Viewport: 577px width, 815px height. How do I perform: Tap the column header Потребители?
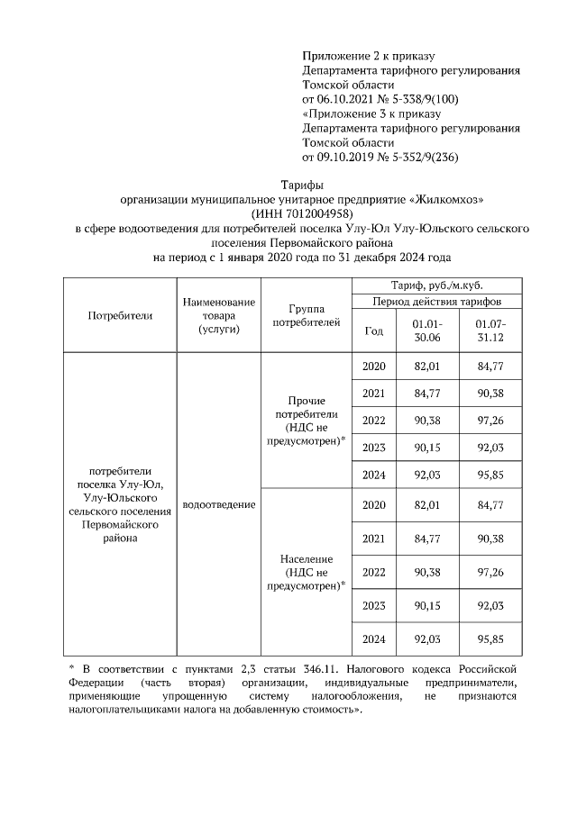(x=120, y=315)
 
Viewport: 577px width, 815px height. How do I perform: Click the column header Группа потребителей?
(x=306, y=314)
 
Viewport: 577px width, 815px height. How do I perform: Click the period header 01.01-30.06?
(x=425, y=330)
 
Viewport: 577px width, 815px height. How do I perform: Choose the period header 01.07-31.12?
(x=490, y=330)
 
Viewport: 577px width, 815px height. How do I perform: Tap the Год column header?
(x=373, y=331)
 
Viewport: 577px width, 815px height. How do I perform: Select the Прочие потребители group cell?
(x=306, y=420)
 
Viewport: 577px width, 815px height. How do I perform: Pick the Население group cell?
(x=306, y=572)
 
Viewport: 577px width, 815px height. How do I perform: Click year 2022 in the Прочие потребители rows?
(x=373, y=420)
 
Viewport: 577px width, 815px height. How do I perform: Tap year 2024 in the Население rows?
(x=373, y=638)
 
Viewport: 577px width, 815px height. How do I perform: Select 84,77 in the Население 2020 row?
(x=490, y=504)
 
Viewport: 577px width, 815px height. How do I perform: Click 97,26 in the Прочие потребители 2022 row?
(x=490, y=420)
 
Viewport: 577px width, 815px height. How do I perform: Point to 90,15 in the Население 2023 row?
(x=425, y=605)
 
